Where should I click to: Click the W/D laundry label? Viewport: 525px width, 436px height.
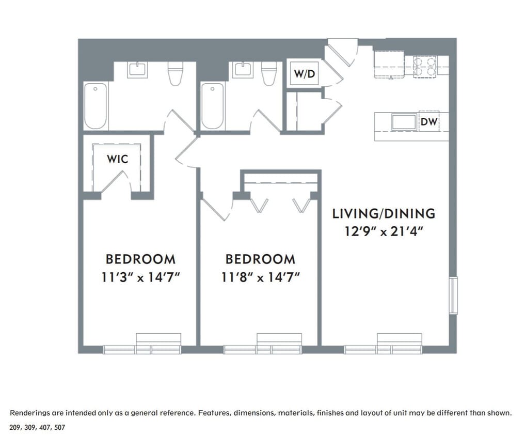[304, 74]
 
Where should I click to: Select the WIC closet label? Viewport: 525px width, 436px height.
[117, 159]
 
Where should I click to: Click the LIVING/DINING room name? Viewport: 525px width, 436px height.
[383, 213]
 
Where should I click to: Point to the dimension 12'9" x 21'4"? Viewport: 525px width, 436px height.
[384, 231]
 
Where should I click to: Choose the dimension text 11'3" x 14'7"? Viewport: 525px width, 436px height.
[140, 277]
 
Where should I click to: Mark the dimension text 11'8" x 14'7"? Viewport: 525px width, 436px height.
[261, 277]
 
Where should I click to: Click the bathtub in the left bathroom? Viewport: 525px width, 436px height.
[96, 106]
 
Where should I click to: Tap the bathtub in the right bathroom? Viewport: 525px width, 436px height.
[212, 106]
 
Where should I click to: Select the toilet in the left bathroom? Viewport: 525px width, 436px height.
[176, 74]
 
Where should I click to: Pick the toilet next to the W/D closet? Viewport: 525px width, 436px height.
[268, 73]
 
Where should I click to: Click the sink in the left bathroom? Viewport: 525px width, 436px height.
[137, 69]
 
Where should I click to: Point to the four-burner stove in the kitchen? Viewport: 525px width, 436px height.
[425, 66]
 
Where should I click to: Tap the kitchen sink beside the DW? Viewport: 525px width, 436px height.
[404, 122]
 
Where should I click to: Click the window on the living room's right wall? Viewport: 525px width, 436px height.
[453, 295]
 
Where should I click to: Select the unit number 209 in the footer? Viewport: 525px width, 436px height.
[16, 428]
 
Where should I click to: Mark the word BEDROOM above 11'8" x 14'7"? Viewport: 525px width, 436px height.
[260, 259]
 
